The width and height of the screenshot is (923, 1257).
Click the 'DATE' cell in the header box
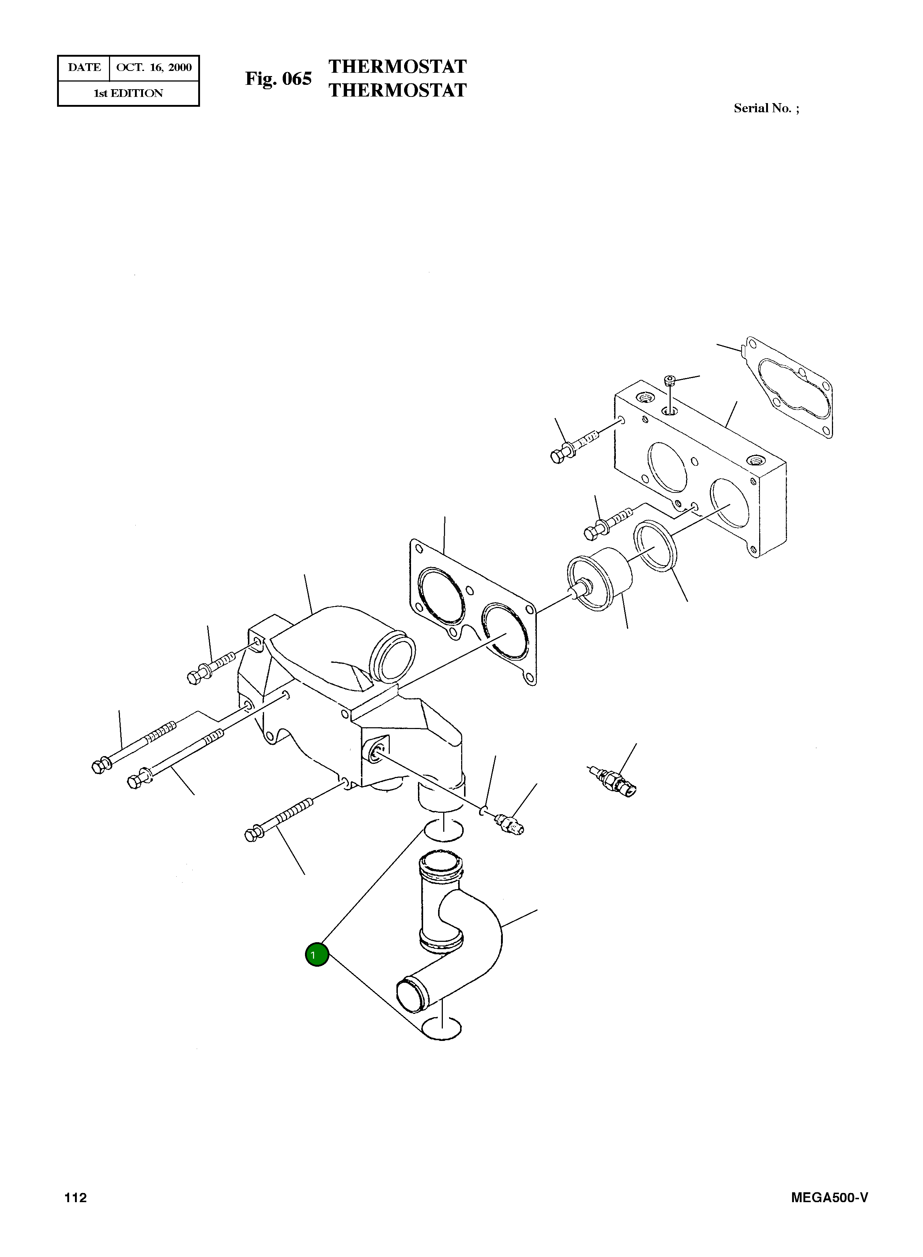84,68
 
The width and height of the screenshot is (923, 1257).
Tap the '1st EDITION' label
128,93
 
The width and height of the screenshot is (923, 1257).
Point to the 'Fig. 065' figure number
278,79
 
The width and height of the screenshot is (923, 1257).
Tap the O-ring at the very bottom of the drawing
441,1028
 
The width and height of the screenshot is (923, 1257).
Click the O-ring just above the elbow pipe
444,831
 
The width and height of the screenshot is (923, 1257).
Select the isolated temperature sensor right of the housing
615,780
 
